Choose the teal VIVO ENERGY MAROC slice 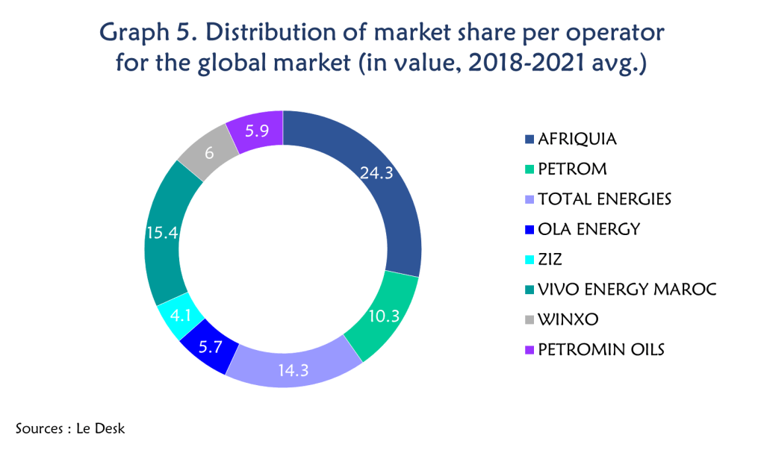click(164, 231)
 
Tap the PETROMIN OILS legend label click(600, 349)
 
